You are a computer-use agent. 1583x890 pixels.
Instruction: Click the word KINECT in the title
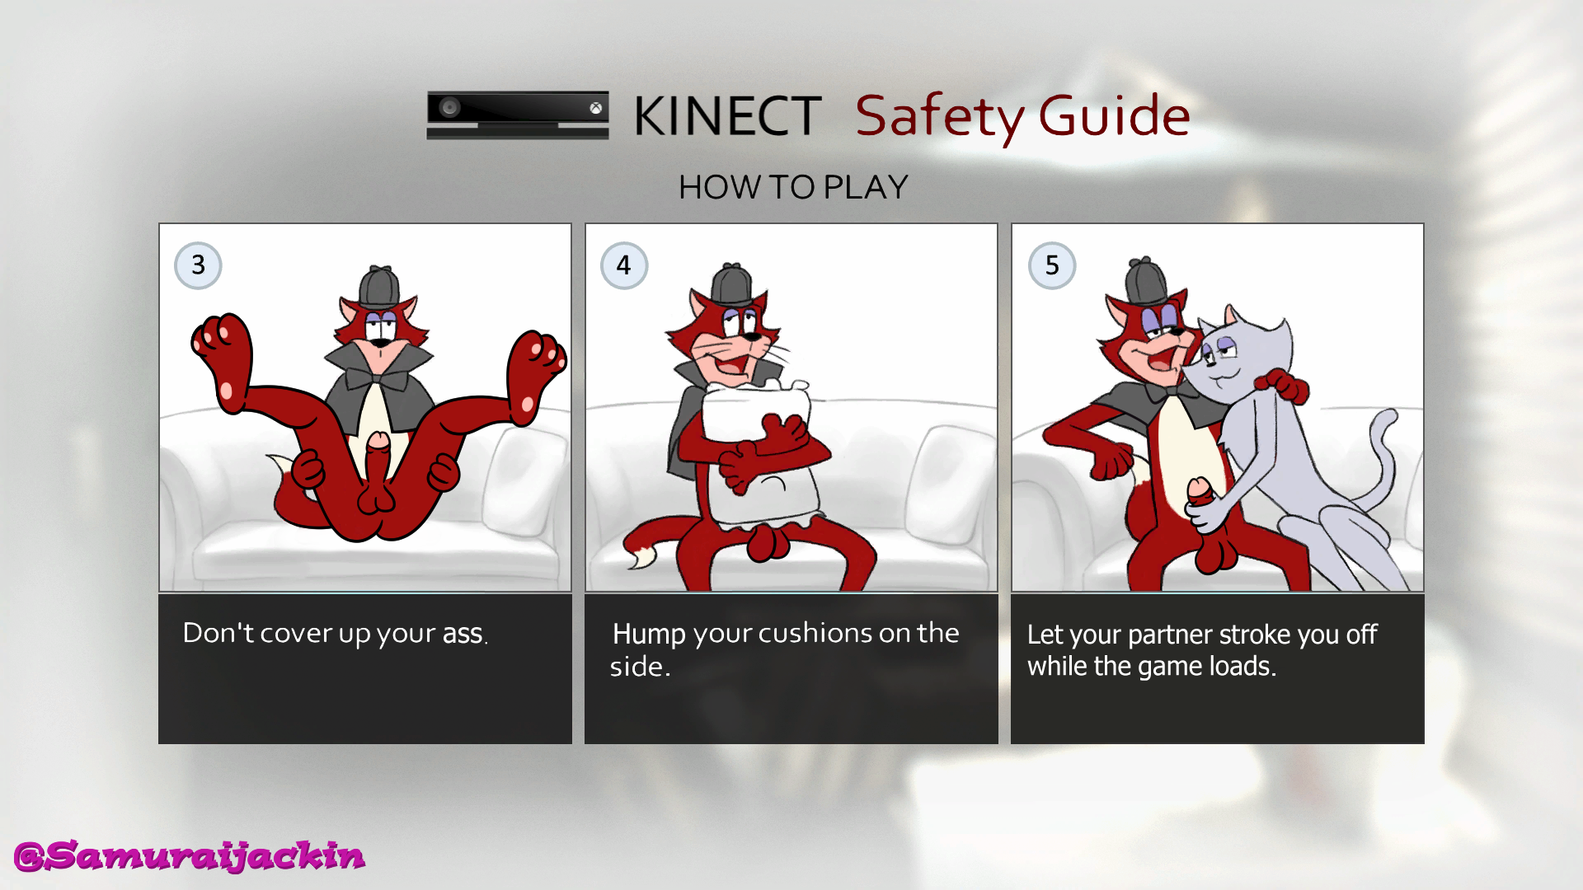727,115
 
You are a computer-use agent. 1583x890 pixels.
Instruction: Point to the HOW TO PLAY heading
793,187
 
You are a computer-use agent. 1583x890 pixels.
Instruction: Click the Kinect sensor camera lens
450,107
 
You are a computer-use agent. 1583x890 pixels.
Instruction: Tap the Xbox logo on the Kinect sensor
595,108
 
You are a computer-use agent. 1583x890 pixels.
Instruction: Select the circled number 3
198,265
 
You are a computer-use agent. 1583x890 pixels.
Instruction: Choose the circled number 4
624,265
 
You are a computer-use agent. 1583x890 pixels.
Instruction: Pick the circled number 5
1052,265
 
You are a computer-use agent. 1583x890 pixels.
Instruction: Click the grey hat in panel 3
379,286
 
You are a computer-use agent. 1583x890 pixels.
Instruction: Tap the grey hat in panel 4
731,284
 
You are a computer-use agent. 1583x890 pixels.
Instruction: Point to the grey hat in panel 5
1147,281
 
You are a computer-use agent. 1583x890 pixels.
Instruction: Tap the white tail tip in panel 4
640,557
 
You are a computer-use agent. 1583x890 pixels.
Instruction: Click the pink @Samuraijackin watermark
190,856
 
